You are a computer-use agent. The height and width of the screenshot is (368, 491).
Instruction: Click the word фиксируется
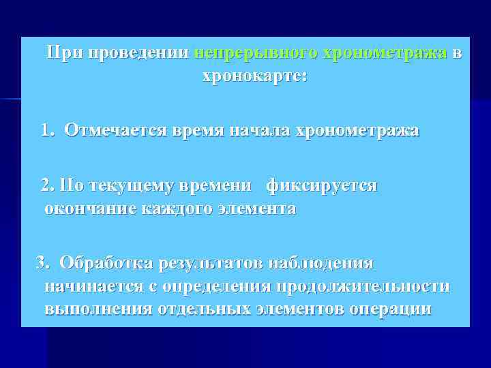tap(322, 185)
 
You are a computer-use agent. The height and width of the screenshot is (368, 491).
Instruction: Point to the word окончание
tap(89, 209)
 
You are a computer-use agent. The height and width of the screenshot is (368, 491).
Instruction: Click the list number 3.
tap(43, 262)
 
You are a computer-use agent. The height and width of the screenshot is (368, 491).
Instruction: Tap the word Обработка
tap(106, 262)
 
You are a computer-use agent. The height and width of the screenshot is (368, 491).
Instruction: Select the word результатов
tap(210, 262)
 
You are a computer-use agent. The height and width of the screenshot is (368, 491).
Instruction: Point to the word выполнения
tap(98, 309)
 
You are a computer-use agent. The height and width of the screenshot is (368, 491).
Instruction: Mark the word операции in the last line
tap(390, 309)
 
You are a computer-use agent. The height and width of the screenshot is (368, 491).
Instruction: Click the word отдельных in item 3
tap(205, 309)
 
